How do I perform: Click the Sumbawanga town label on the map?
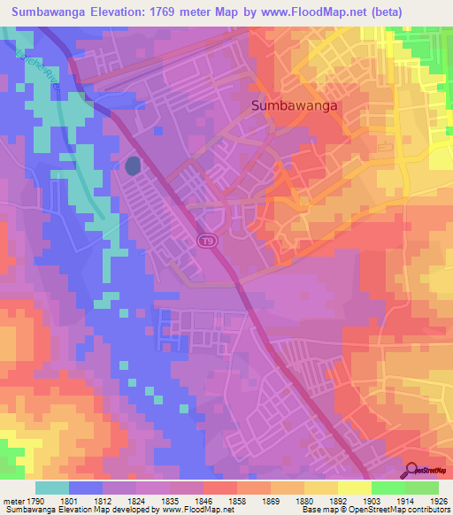[x=296, y=104]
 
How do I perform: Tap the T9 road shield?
[x=206, y=241]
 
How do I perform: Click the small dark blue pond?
[x=133, y=165]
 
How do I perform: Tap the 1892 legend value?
[x=338, y=502]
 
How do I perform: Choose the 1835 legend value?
[x=172, y=502]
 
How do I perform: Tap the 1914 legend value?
[x=405, y=502]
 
